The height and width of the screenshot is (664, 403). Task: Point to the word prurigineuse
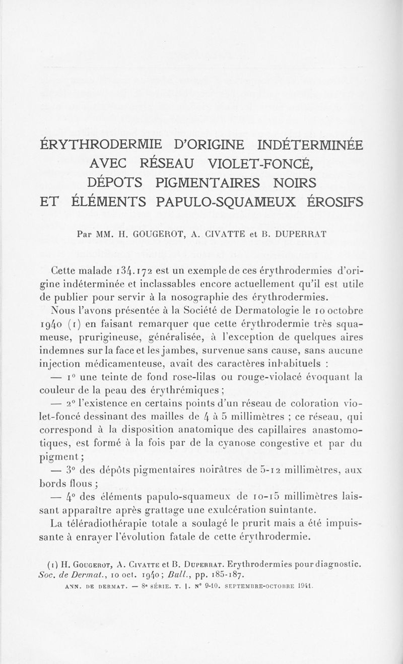coord(108,336)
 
